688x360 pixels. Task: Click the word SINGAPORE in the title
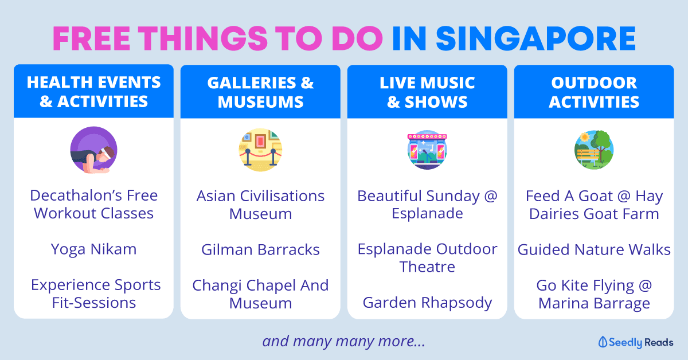(x=535, y=38)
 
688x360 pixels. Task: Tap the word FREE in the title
(x=92, y=38)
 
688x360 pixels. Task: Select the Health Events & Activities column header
(x=93, y=92)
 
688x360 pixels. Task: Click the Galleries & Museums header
(x=260, y=92)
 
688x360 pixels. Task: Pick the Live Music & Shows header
(x=427, y=92)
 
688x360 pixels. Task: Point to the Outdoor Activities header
(x=594, y=92)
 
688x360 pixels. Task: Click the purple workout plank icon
(x=93, y=150)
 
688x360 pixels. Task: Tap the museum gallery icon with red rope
(x=260, y=150)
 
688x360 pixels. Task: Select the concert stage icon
(x=427, y=150)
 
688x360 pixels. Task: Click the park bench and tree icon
(x=594, y=150)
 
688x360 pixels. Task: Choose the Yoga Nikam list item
(x=93, y=249)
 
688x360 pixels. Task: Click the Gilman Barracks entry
(x=260, y=249)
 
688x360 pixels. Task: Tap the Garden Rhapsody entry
(x=427, y=303)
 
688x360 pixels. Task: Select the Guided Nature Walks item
(x=594, y=249)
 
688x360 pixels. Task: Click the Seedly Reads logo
(x=635, y=342)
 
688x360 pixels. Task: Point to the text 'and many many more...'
(x=343, y=341)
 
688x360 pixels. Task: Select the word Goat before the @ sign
(x=596, y=196)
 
